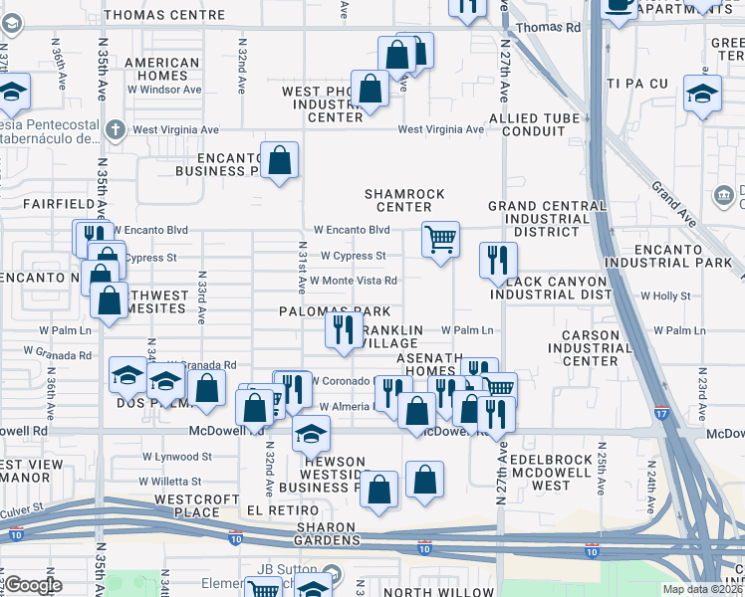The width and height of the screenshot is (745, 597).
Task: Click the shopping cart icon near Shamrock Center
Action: click(439, 239)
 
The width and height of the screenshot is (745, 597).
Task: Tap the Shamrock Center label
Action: click(403, 200)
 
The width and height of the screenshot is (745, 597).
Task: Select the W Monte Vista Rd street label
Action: click(353, 281)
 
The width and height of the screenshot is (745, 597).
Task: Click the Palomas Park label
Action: click(335, 311)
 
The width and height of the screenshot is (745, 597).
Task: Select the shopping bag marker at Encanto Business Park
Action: click(280, 160)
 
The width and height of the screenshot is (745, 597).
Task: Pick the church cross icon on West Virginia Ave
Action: click(117, 129)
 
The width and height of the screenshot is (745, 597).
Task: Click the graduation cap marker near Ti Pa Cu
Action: click(702, 94)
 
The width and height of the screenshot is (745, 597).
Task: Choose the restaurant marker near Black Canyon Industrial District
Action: click(497, 261)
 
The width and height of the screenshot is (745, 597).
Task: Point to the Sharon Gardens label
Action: click(325, 533)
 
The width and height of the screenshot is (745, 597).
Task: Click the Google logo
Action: click(33, 585)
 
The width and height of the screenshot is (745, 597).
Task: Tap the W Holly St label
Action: click(665, 297)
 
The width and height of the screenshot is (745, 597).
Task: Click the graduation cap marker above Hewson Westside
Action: click(311, 434)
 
